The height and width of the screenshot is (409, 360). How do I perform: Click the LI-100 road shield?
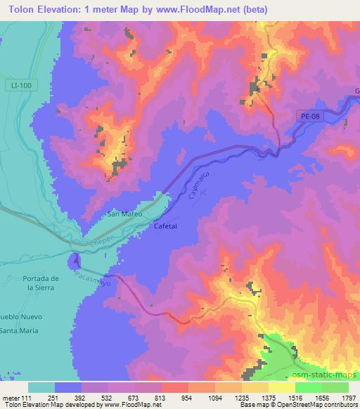(x=22, y=85)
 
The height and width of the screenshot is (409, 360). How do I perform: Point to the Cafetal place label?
(x=166, y=226)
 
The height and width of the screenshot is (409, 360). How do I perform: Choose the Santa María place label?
(x=20, y=330)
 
